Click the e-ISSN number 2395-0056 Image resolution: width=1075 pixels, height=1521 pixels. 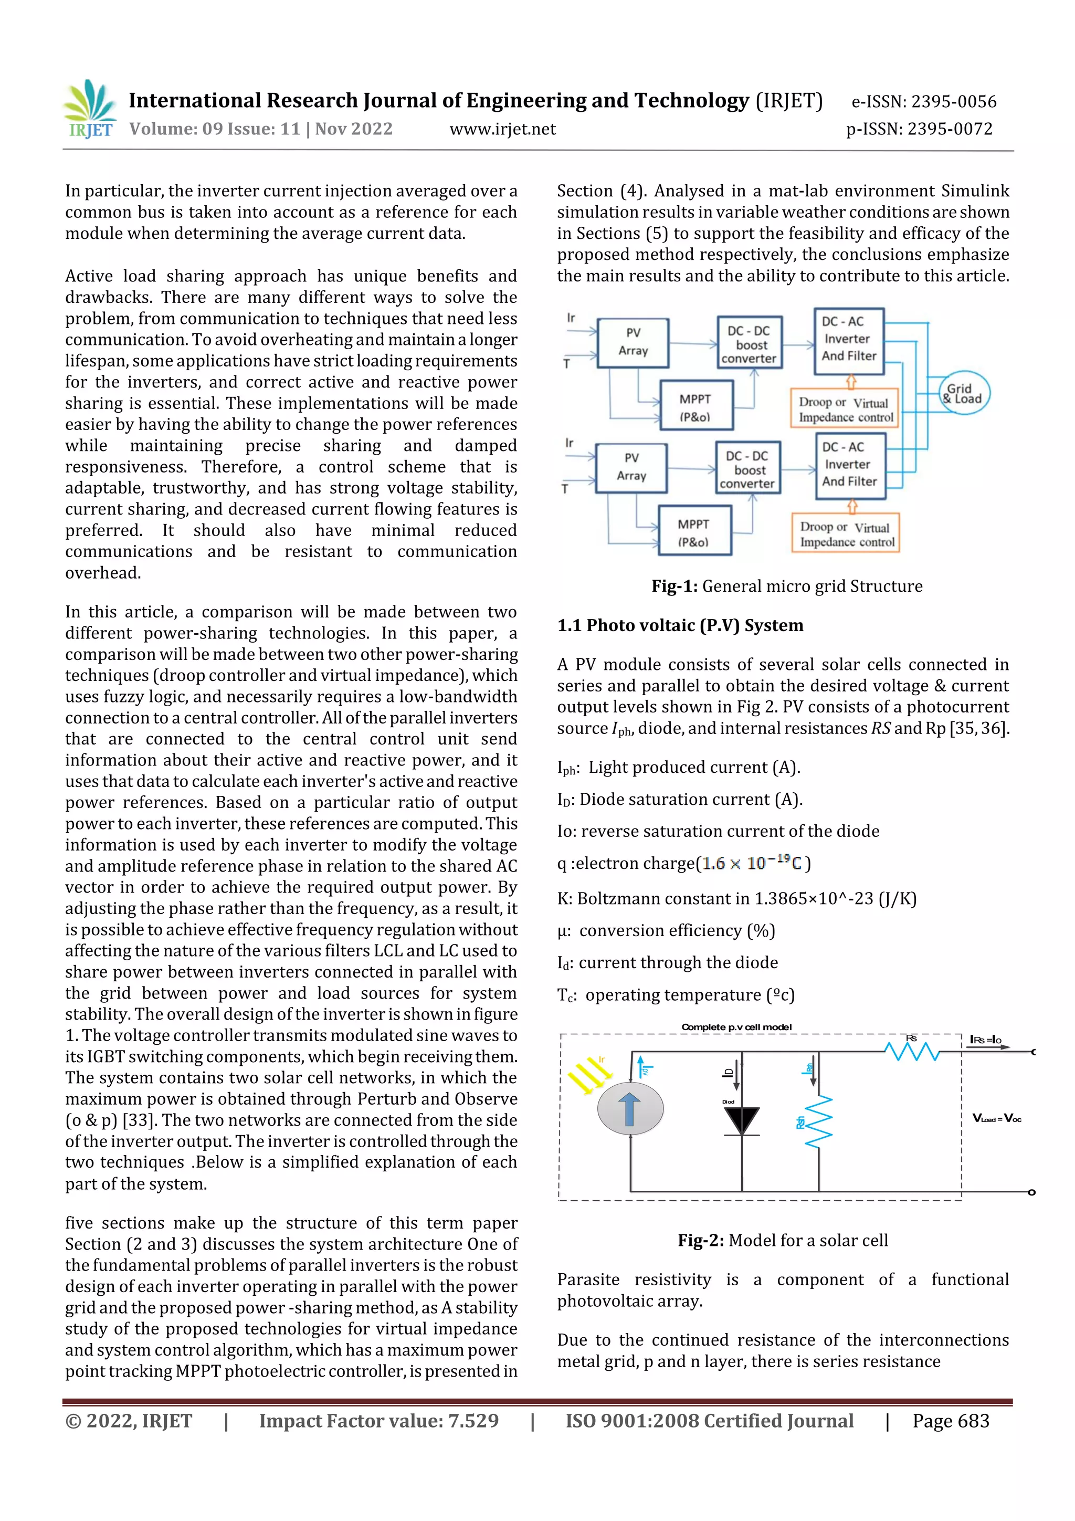click(x=923, y=101)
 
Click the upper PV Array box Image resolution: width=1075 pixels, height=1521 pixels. click(x=633, y=342)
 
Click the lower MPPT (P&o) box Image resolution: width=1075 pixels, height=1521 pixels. click(x=693, y=531)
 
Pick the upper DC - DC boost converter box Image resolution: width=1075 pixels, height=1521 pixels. click(x=749, y=343)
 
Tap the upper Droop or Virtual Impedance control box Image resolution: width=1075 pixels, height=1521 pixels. click(x=845, y=409)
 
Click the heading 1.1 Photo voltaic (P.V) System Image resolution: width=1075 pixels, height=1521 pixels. click(x=680, y=625)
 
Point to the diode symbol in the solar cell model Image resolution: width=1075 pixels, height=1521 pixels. click(x=741, y=1121)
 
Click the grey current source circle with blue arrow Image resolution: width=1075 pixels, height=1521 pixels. click(x=630, y=1109)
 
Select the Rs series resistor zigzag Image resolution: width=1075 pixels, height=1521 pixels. click(x=912, y=1051)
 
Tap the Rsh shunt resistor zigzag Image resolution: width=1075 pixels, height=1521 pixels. click(x=819, y=1121)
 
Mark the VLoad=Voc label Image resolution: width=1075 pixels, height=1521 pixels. click(x=996, y=1118)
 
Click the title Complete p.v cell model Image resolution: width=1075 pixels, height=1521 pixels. click(x=736, y=1027)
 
